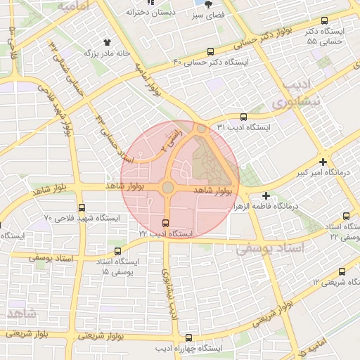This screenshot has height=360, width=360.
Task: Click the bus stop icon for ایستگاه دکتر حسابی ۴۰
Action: [211, 51]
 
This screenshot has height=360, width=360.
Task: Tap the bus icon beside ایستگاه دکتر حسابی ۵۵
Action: [324, 21]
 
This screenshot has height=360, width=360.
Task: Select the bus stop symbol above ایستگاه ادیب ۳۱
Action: [243, 117]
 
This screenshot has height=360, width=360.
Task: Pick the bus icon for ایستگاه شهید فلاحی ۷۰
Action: [82, 208]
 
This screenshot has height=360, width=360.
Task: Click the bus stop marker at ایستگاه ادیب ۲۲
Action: [165, 224]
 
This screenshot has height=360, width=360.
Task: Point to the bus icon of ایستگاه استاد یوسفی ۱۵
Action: [117, 250]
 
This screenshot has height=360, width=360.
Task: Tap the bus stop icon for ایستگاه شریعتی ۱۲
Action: [342, 272]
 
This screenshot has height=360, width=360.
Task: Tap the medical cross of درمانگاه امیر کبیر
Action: [323, 162]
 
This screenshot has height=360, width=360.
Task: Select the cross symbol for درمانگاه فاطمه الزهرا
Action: [266, 195]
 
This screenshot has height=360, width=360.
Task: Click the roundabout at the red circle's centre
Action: [167, 187]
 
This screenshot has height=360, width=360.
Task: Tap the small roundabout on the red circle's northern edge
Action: [202, 129]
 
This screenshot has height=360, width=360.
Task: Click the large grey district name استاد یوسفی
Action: [270, 248]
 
